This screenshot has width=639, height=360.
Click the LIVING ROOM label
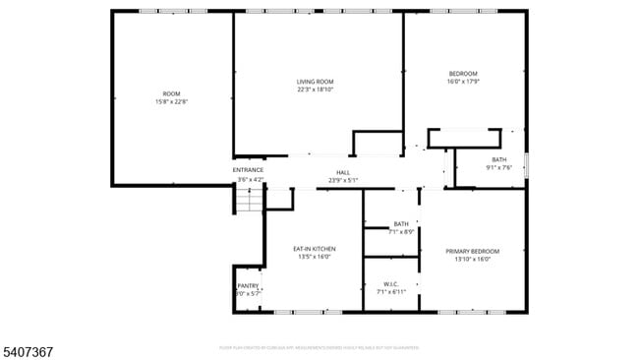[316, 82]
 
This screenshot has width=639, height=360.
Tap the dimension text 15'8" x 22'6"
[171, 101]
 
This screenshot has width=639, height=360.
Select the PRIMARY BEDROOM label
[472, 252]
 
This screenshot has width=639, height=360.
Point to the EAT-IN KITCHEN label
[315, 249]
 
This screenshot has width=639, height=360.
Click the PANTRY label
[248, 286]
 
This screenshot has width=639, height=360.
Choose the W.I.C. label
[390, 285]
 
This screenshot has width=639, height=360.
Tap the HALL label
[343, 172]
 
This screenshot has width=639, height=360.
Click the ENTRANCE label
[248, 170]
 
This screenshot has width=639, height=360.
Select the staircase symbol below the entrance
[250, 201]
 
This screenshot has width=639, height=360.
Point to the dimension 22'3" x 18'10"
[316, 90]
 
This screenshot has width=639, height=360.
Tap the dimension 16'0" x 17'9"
[463, 82]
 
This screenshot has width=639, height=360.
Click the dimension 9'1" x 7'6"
[499, 167]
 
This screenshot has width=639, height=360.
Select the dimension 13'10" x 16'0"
[472, 260]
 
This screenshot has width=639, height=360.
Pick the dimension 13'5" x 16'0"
[315, 257]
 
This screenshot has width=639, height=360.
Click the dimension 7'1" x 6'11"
[390, 293]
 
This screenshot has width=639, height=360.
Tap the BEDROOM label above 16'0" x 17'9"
[463, 74]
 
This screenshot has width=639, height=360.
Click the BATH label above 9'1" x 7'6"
[499, 159]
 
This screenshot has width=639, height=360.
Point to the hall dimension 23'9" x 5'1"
[343, 180]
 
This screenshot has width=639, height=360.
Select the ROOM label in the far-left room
[171, 93]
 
